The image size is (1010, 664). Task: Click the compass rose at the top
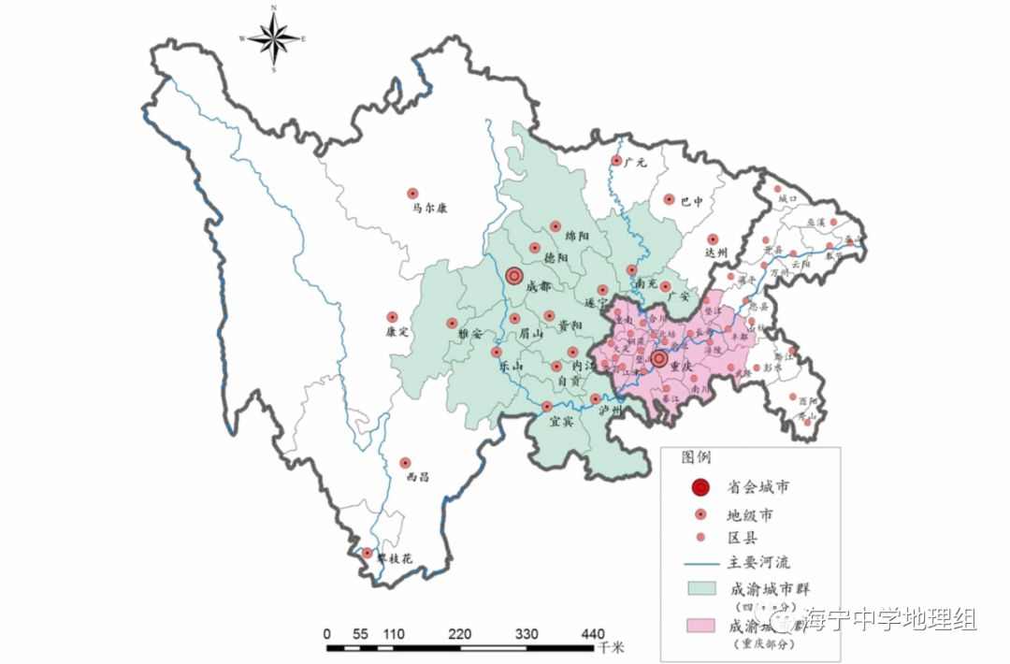point(274,38)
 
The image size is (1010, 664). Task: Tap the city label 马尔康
point(429,209)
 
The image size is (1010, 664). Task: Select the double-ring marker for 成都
point(513,276)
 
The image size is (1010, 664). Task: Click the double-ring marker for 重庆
point(659,358)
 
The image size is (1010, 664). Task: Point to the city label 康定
point(398,332)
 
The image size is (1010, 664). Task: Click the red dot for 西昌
point(405,462)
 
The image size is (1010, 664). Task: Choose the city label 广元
point(636,163)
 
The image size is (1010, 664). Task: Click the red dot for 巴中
point(669,198)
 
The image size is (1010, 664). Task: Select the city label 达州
point(715,253)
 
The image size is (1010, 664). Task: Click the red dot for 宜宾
point(547,407)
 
